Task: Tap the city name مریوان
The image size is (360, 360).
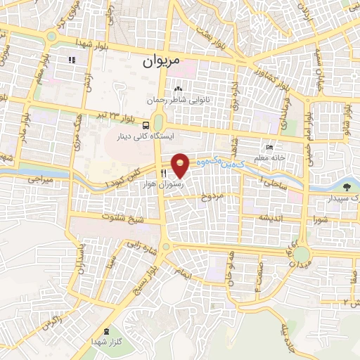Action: point(161,61)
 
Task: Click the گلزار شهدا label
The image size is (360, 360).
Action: point(105,341)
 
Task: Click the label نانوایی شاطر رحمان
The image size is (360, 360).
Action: point(173,101)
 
